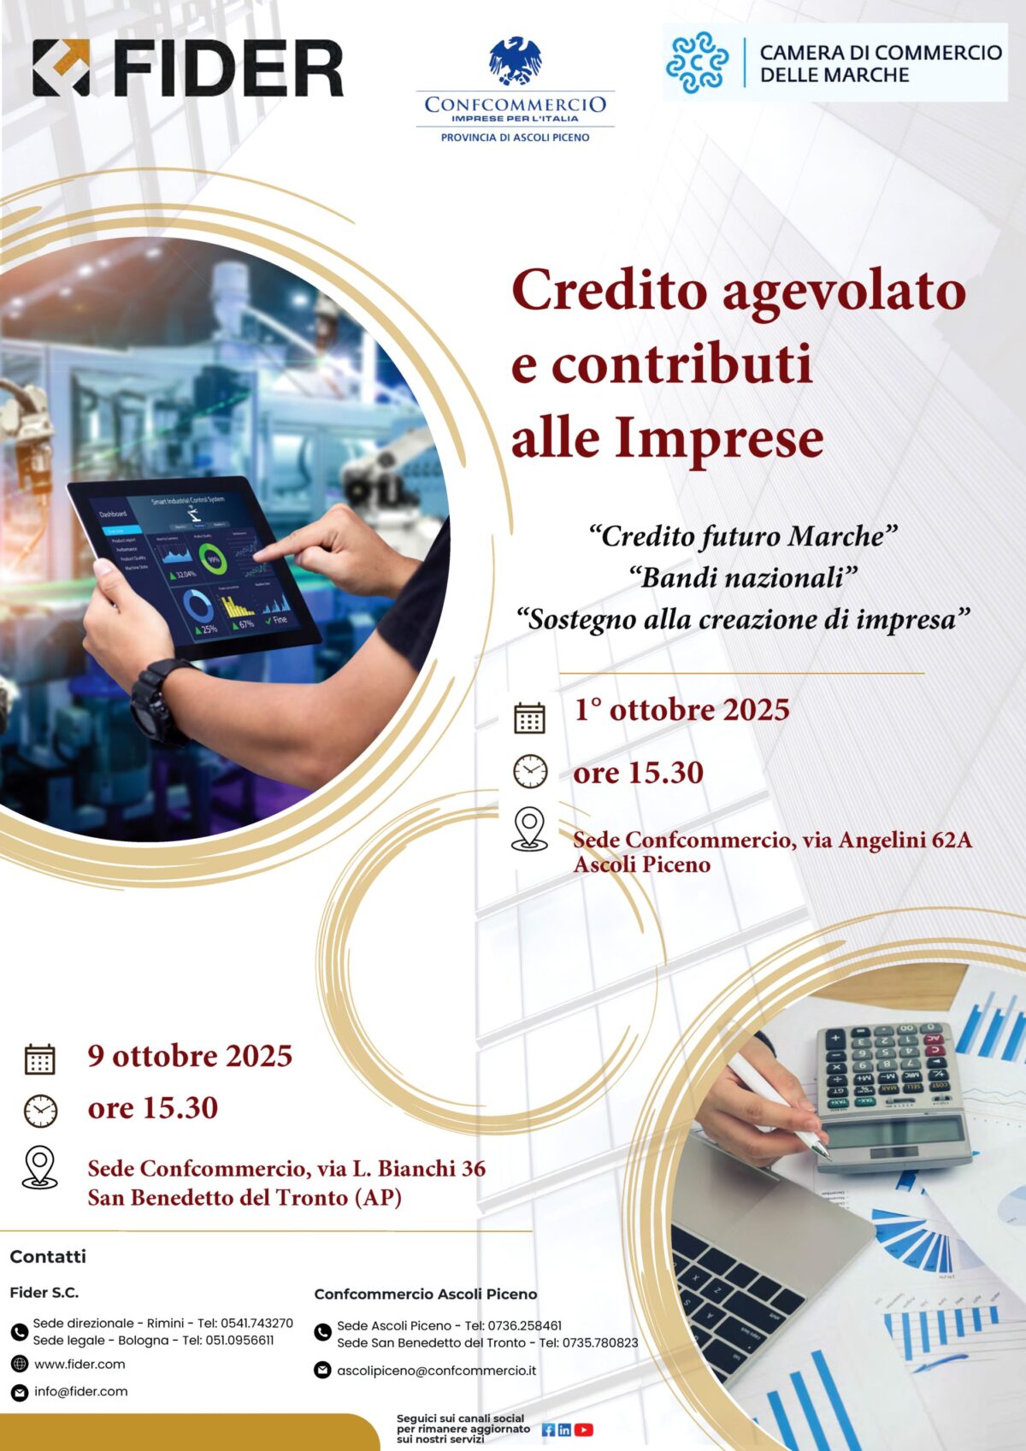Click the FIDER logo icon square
(61, 68)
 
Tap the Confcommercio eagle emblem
(515, 61)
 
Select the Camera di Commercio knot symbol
(697, 62)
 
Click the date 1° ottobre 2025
(682, 710)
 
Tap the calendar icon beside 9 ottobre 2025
(39, 1059)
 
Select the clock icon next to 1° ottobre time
(530, 771)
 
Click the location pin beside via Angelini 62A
(529, 828)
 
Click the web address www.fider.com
(80, 1364)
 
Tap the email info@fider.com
(81, 1391)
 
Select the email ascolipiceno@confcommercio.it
(437, 1370)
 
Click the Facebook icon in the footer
(548, 1430)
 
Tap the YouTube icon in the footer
(583, 1430)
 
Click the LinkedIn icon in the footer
(564, 1430)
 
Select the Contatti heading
(48, 1256)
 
